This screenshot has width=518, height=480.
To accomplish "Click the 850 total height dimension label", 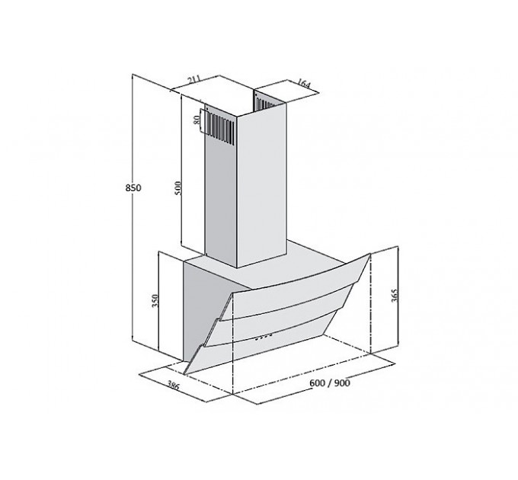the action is tap(133, 187).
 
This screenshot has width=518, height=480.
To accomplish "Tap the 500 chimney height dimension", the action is tap(178, 187).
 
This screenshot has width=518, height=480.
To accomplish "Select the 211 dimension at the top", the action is tap(194, 80).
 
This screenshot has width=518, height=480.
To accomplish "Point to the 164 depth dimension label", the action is tap(303, 83).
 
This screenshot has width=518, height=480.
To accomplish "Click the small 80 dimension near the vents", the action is tap(197, 120).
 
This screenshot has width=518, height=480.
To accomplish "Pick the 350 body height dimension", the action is tap(155, 301).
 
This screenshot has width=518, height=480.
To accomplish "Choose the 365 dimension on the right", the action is tap(395, 296).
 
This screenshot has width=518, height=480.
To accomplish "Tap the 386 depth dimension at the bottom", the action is tap(173, 385).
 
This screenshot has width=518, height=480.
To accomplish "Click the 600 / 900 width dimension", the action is tap(329, 383).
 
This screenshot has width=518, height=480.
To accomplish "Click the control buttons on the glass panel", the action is tap(264, 337).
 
